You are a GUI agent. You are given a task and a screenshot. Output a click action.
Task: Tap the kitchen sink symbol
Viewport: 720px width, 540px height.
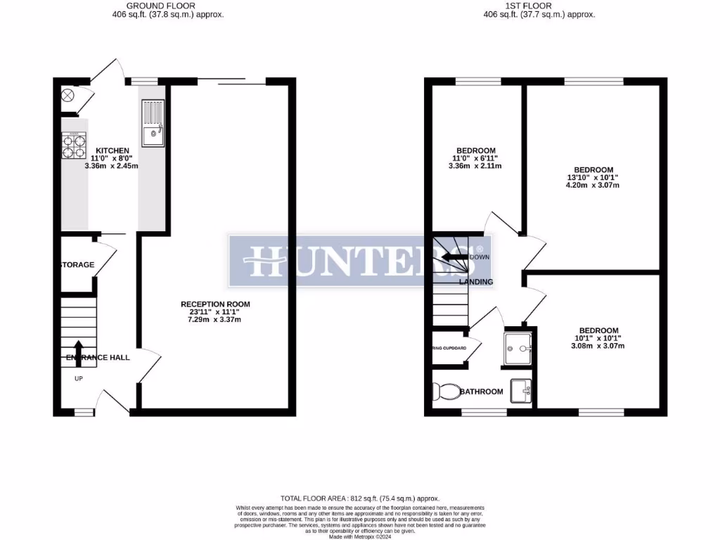153,123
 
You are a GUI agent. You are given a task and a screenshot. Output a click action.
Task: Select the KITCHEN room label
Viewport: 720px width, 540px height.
112,150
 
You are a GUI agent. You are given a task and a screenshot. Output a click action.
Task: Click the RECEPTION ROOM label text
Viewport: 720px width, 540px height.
215,304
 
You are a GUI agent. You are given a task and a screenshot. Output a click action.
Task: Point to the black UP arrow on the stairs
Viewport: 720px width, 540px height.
77,349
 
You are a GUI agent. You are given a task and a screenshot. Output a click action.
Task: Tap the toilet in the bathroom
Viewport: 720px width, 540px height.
444,391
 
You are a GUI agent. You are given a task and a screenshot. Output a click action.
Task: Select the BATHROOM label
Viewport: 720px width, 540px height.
482,392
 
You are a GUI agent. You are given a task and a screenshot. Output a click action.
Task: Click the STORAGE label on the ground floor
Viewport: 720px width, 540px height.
77,264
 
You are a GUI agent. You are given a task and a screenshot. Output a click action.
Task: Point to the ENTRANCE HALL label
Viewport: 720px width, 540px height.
98,357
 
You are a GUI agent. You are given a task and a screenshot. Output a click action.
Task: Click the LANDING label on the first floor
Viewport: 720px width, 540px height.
476,282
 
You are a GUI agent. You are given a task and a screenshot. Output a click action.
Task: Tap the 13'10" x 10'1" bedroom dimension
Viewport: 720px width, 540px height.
593,177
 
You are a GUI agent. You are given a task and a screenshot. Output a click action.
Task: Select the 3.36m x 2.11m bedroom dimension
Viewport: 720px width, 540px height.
476,166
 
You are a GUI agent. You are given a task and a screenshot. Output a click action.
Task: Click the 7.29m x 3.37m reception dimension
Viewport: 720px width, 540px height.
215,320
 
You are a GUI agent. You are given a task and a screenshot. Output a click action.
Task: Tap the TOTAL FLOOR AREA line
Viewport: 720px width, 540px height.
360,496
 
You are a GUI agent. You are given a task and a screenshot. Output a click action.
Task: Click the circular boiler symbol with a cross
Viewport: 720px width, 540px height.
69,95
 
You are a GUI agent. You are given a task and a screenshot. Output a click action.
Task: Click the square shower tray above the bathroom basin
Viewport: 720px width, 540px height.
519,347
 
